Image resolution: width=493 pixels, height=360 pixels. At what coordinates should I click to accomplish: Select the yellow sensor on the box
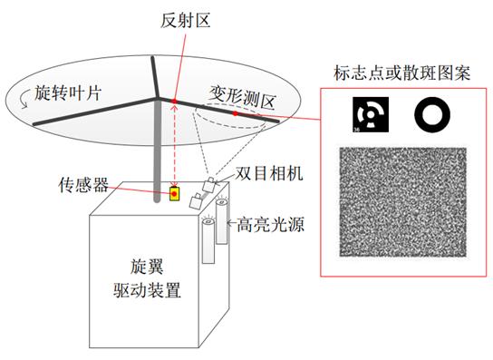click(x=175, y=193)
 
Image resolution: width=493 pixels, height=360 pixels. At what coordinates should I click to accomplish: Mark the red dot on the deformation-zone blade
click(x=234, y=114)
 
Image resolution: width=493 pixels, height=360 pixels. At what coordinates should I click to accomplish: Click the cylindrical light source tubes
click(x=215, y=234)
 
